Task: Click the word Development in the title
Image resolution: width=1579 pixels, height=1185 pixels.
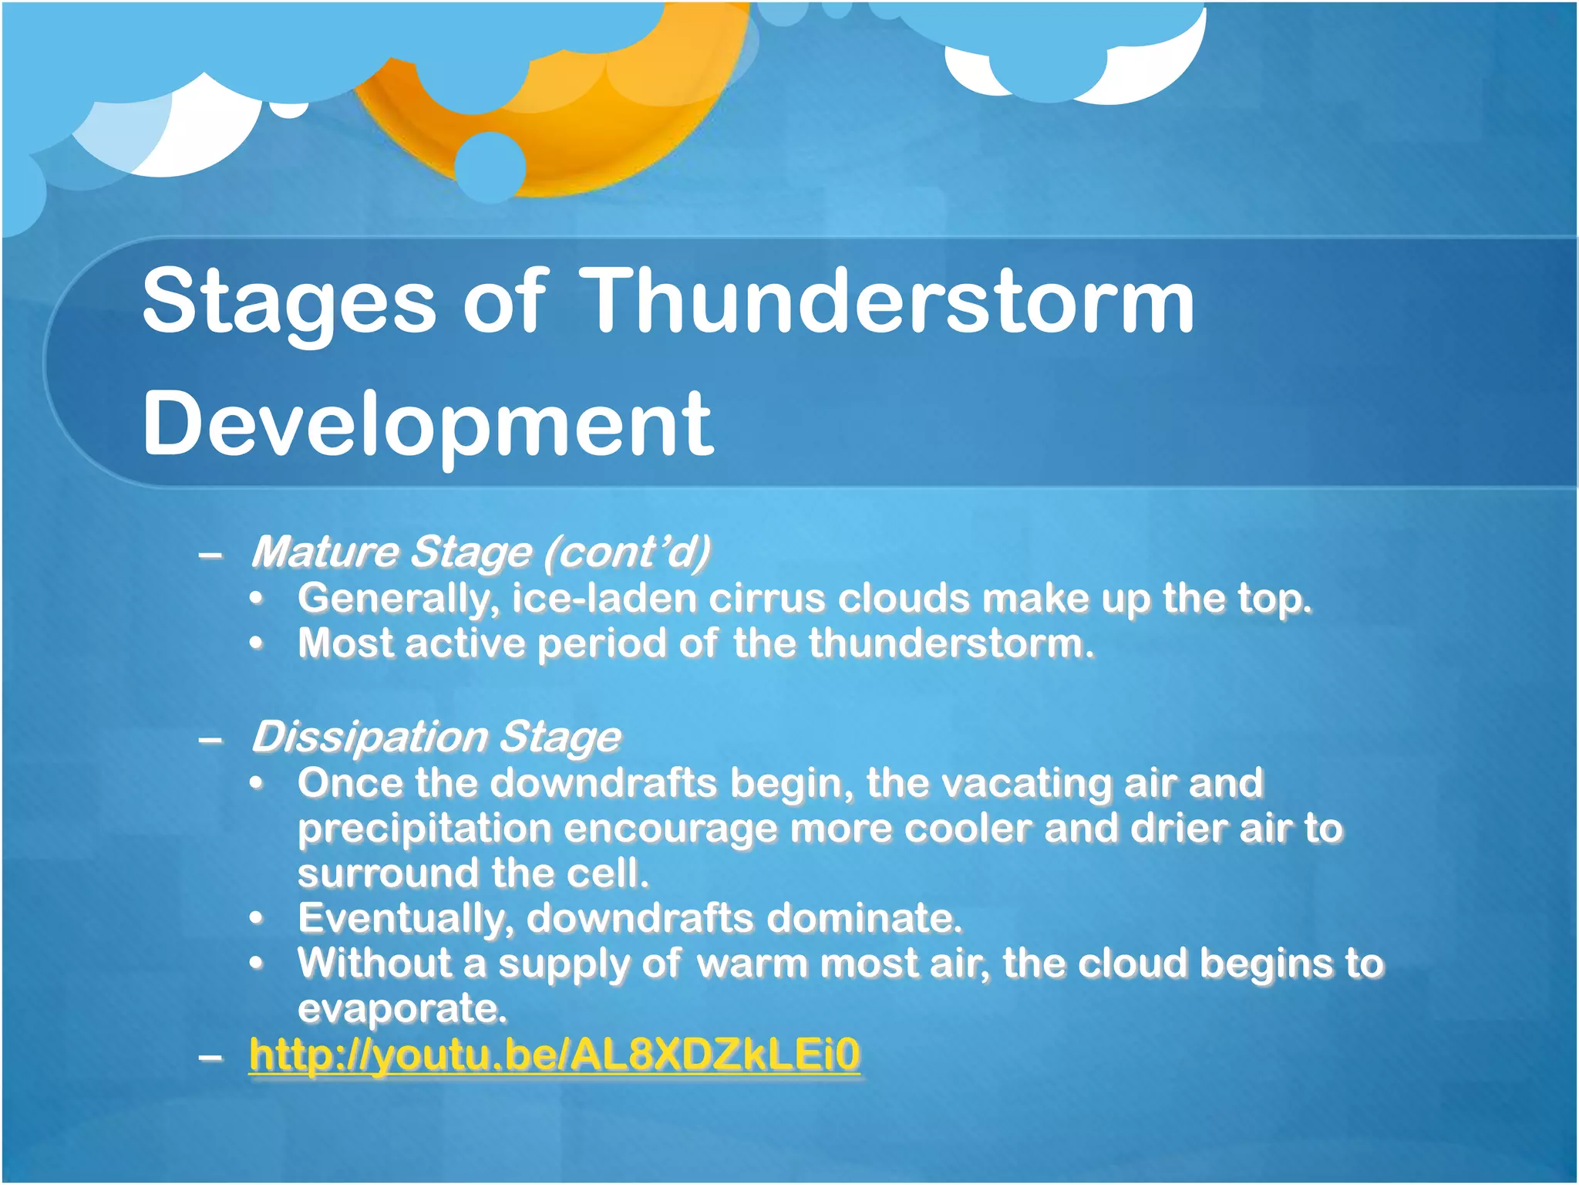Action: click(428, 424)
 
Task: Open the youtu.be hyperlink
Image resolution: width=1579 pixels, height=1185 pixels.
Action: click(554, 1055)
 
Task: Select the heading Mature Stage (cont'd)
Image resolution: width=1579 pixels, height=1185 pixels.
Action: click(480, 552)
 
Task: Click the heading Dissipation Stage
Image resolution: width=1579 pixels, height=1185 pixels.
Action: click(436, 737)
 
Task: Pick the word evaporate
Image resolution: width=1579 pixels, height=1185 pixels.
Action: click(401, 1009)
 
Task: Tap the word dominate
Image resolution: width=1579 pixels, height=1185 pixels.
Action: click(864, 918)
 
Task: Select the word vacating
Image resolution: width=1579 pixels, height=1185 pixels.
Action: click(1024, 783)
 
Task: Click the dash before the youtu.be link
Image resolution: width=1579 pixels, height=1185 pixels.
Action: click(210, 1056)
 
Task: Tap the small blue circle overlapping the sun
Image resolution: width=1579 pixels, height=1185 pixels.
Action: click(490, 167)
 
